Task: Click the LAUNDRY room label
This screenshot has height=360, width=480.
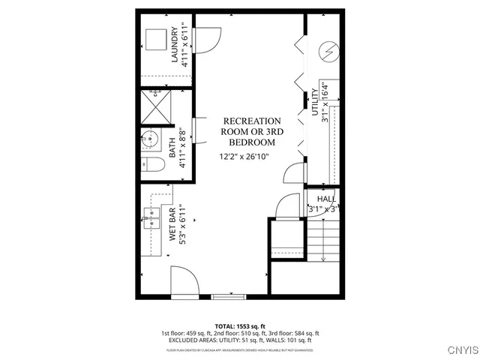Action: (x=175, y=47)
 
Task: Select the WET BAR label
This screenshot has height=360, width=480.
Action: (x=172, y=225)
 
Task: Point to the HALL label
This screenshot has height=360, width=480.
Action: (x=326, y=199)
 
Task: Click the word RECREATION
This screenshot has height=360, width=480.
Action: (x=252, y=121)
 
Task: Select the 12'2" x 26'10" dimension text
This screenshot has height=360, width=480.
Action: (x=244, y=157)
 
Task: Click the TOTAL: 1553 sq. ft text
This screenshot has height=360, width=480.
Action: (x=240, y=326)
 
